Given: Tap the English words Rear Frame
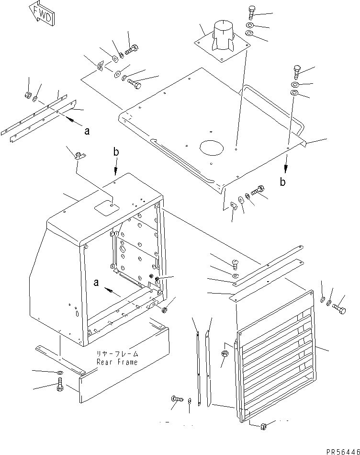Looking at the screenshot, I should [x=117, y=362].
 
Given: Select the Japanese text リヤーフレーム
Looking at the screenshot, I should [x=117, y=354].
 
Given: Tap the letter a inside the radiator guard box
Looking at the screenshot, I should [x=97, y=283].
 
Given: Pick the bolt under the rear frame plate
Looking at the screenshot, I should [x=59, y=384].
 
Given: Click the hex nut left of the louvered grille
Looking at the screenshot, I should [x=225, y=355].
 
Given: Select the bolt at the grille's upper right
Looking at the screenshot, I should [x=339, y=309].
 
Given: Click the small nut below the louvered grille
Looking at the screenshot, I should [x=263, y=425].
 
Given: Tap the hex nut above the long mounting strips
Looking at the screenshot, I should [x=28, y=95].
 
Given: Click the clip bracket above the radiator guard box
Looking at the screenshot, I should [x=79, y=154].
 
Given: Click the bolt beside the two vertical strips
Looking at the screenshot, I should [x=175, y=398].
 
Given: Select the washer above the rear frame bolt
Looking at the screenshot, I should [x=58, y=373].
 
